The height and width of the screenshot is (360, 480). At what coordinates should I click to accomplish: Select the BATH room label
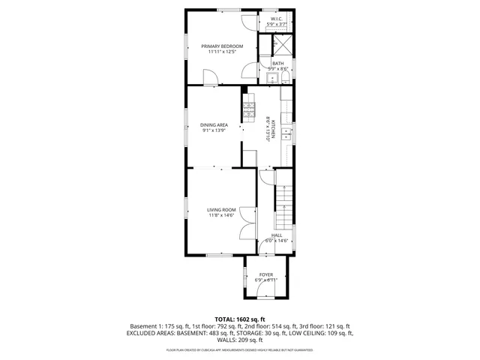277,63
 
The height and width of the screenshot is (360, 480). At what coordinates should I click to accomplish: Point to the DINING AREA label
214,124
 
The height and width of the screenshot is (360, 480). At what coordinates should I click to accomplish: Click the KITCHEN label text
274,128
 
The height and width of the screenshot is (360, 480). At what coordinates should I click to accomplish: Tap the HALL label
276,235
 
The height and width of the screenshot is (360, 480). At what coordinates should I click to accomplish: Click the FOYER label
266,274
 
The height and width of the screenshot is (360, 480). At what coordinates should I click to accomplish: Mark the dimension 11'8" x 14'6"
221,215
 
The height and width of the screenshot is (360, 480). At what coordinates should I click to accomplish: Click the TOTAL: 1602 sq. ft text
241,319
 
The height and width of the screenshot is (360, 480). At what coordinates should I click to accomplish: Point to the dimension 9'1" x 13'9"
214,130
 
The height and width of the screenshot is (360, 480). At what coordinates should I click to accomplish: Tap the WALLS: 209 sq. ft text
240,339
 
